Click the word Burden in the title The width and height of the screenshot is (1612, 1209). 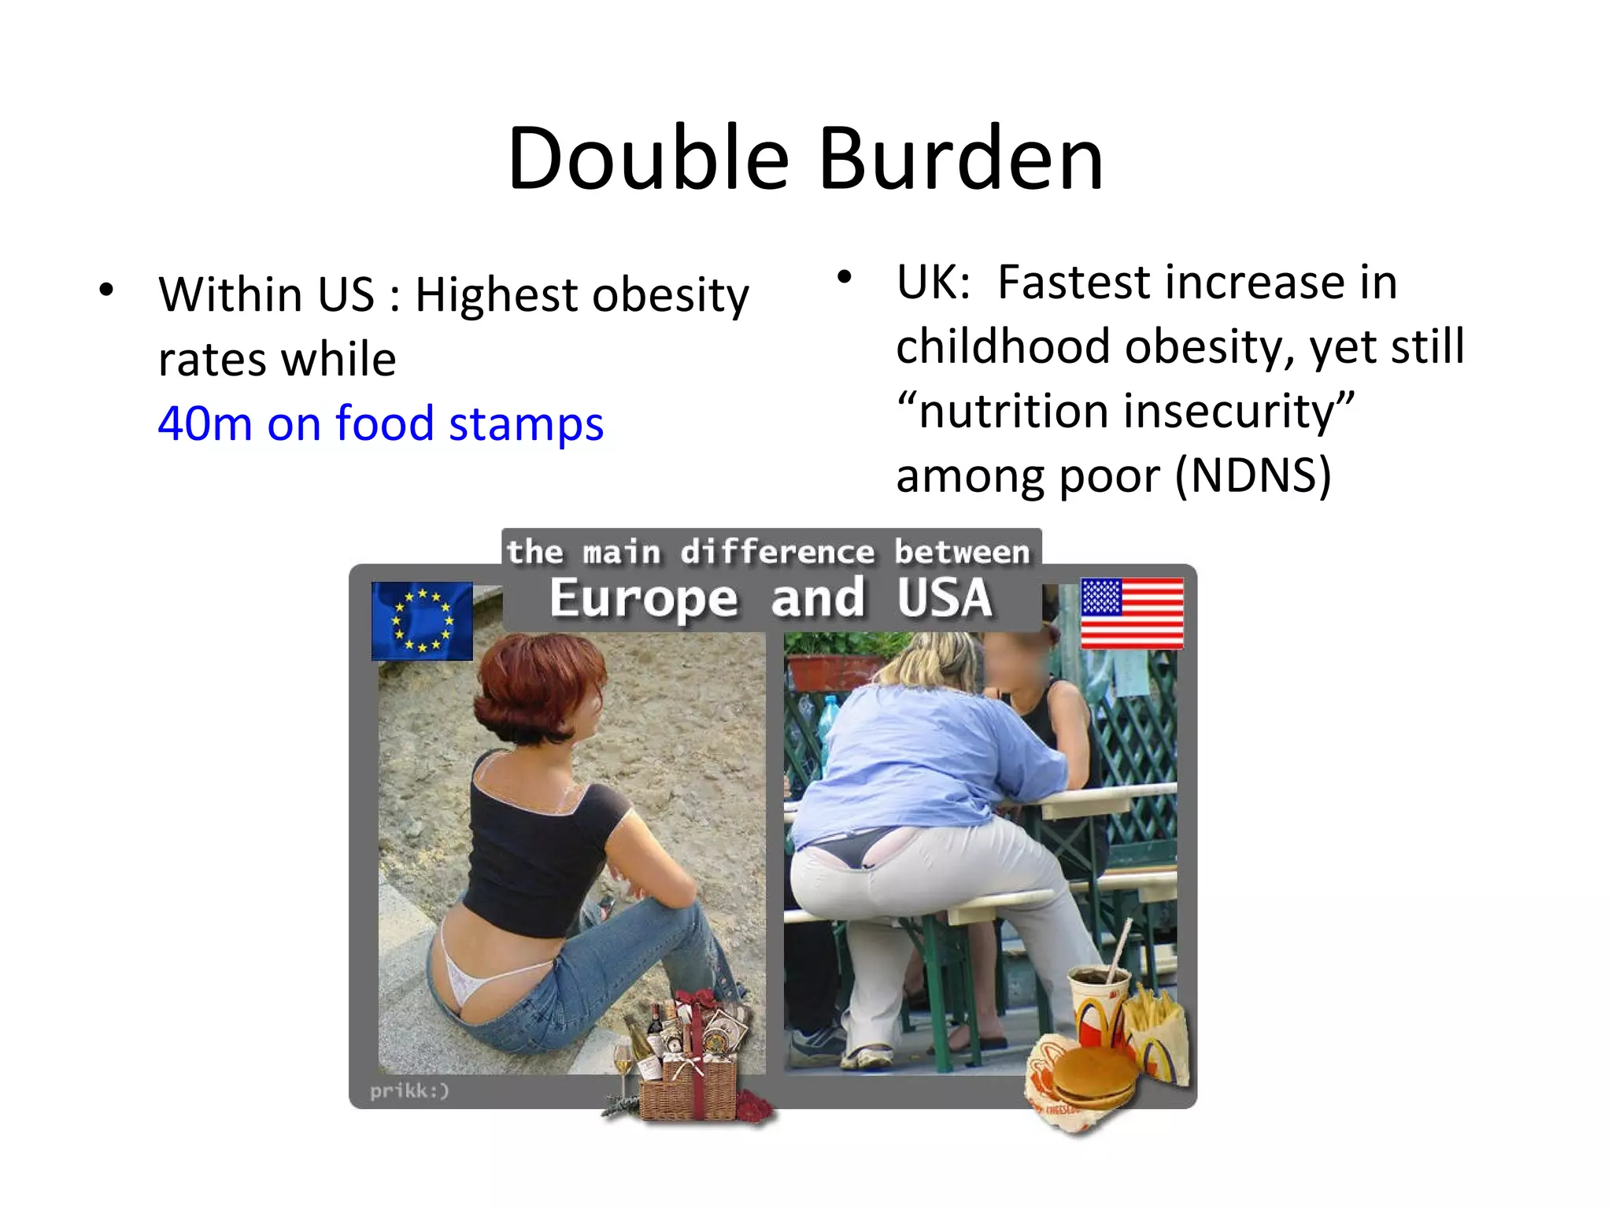point(961,159)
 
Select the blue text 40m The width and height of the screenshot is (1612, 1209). point(205,423)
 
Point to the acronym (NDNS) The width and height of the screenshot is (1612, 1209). point(1253,476)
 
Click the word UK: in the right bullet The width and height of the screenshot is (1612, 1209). point(934,283)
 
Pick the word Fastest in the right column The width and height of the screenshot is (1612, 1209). point(1074,283)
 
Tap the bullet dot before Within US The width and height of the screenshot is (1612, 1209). point(106,290)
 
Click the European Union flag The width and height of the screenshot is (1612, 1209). point(422,621)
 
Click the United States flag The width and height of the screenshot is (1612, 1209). point(1132,613)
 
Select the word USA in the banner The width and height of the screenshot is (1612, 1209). point(945,598)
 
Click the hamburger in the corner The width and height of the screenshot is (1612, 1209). point(1094,1077)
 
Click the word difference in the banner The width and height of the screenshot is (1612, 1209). point(777,552)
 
